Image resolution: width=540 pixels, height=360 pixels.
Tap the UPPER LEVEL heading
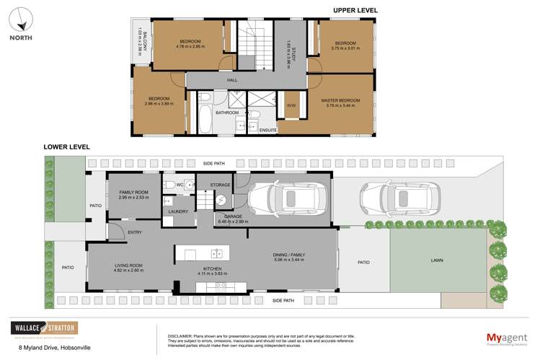355,10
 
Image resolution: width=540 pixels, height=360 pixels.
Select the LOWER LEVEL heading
66,146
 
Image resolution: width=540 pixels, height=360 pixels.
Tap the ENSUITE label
268,130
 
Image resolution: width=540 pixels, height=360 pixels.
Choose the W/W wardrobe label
291,105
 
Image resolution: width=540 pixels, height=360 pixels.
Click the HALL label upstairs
232,80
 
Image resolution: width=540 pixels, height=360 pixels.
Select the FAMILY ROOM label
133,192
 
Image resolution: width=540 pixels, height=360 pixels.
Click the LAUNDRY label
178,211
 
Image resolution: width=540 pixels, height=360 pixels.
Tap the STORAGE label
220,185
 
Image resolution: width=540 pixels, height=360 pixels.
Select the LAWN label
437,260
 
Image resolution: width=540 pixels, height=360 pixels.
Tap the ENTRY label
134,232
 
